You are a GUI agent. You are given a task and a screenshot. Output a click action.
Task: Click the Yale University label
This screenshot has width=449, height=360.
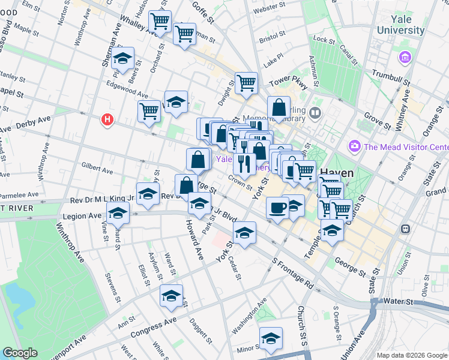pyautogui.click(x=400, y=25)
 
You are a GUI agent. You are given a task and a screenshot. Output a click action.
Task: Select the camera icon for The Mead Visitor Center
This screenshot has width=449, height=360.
pyautogui.click(x=354, y=146)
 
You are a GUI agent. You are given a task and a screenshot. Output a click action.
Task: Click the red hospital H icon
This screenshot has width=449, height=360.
pyautogui.click(x=107, y=120)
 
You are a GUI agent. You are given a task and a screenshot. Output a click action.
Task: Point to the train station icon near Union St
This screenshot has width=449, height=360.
pyautogui.click(x=406, y=229)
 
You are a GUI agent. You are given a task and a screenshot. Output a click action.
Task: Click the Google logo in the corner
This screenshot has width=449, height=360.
pyautogui.click(x=20, y=353)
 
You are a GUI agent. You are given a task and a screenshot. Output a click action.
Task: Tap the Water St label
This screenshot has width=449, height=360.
pyautogui.click(x=400, y=301)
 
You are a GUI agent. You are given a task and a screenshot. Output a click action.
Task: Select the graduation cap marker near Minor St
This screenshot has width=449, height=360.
pyautogui.click(x=271, y=338)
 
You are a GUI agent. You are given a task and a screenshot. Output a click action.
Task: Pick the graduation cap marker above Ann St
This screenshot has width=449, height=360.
pyautogui.click(x=171, y=296)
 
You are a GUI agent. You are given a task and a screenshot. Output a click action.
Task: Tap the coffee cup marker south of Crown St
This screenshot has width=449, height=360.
pyautogui.click(x=277, y=208)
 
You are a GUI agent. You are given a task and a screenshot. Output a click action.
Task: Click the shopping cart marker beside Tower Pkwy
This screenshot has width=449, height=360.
pyautogui.click(x=246, y=83)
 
